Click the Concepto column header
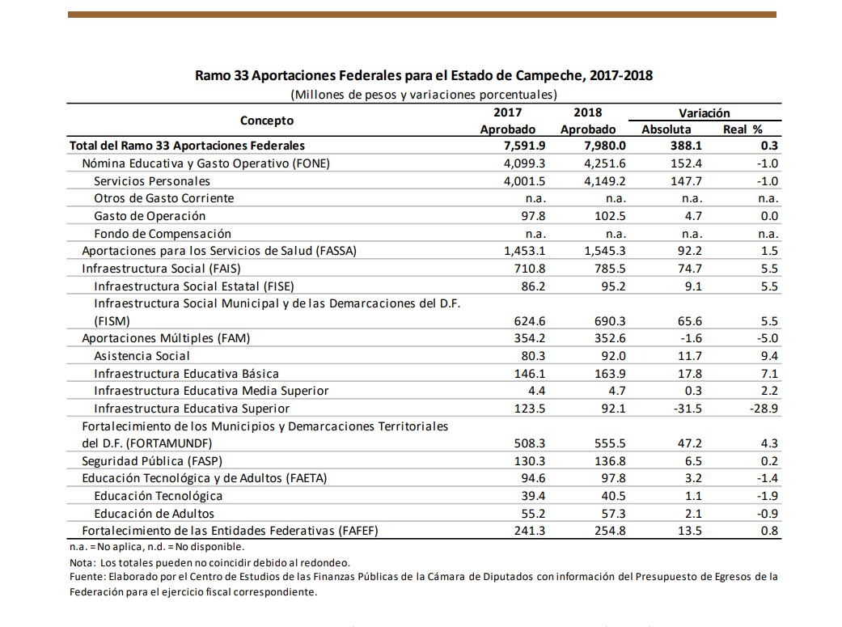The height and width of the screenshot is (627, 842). tap(267, 121)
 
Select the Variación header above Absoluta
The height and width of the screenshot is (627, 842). tap(704, 112)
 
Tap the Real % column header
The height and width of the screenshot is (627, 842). tap(743, 129)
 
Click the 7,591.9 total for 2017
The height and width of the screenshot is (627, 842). tap(525, 146)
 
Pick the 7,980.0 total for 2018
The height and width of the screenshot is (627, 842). tap(605, 146)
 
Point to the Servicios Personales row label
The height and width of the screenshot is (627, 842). tap(152, 181)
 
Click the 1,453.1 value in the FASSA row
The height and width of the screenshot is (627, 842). tap(525, 251)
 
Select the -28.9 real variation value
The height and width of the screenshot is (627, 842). tap(764, 409)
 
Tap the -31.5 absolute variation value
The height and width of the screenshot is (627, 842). tap(688, 409)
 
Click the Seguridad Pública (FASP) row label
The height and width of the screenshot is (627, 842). tap(152, 461)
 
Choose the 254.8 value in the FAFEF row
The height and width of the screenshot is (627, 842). tap(610, 531)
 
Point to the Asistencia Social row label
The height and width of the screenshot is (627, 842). tap(142, 356)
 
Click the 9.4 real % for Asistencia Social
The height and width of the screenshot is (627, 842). tap(769, 356)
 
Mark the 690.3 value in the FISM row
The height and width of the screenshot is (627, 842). tap(610, 321)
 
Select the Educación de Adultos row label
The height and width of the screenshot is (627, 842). tap(154, 514)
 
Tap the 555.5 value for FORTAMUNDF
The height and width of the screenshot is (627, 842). tap(610, 443)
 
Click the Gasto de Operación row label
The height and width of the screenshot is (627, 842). tap(150, 216)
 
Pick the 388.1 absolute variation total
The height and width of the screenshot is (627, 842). tap(686, 146)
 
